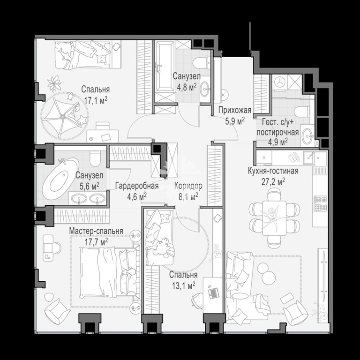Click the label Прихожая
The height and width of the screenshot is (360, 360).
[x=234, y=111]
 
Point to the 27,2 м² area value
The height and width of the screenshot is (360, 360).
[x=273, y=182]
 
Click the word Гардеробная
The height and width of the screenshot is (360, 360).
[x=137, y=186]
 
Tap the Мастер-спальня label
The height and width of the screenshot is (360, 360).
[x=96, y=231]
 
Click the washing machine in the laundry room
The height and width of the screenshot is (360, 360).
[x=280, y=82]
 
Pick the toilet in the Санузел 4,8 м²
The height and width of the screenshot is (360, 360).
[x=202, y=63]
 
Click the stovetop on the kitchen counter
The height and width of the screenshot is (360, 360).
[x=321, y=203]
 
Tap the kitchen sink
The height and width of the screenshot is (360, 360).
[x=315, y=158]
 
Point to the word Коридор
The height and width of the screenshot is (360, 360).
[x=188, y=186]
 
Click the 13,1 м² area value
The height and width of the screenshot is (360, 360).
[x=183, y=285]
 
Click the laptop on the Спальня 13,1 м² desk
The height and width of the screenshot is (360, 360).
[x=213, y=292]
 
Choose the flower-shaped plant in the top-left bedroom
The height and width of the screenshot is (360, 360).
[x=54, y=83]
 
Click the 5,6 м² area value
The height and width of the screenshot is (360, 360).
[x=90, y=186]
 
